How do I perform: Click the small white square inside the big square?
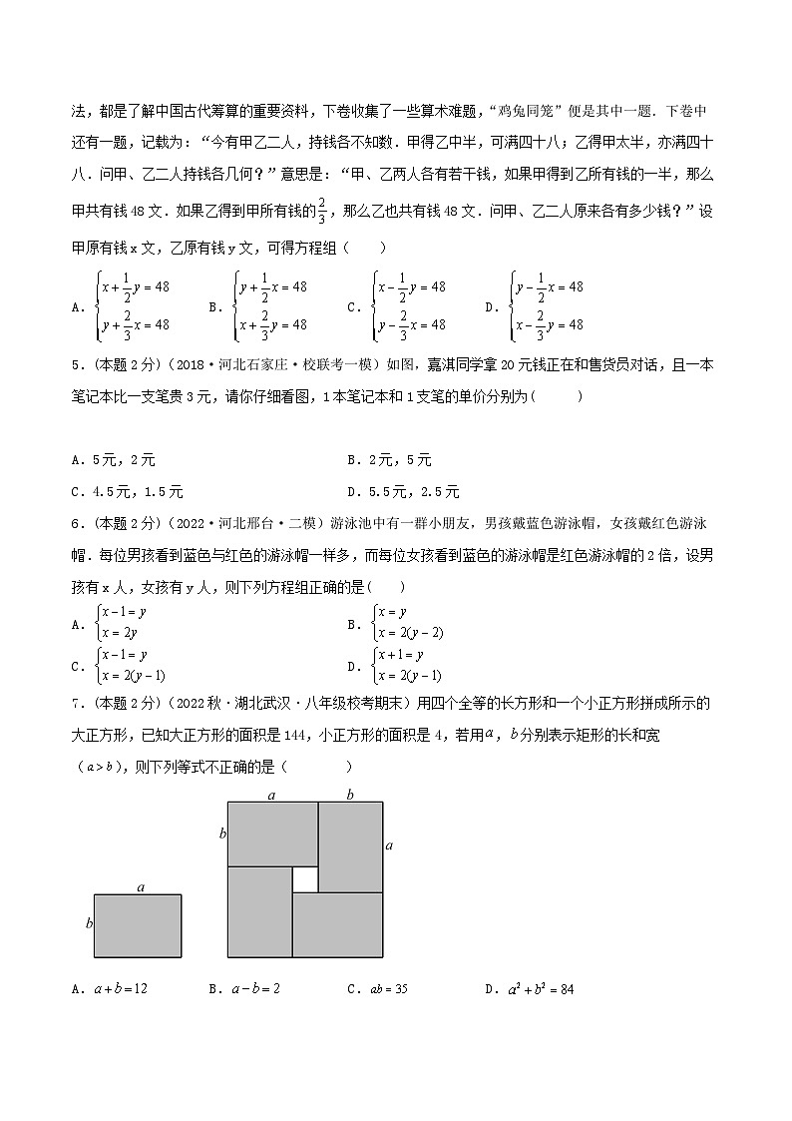point(304,879)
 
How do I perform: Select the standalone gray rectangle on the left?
point(139,925)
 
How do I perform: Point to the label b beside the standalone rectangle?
point(89,924)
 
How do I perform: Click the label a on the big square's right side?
point(389,845)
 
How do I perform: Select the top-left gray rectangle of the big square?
point(272,833)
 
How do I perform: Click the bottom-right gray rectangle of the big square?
point(337,923)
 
